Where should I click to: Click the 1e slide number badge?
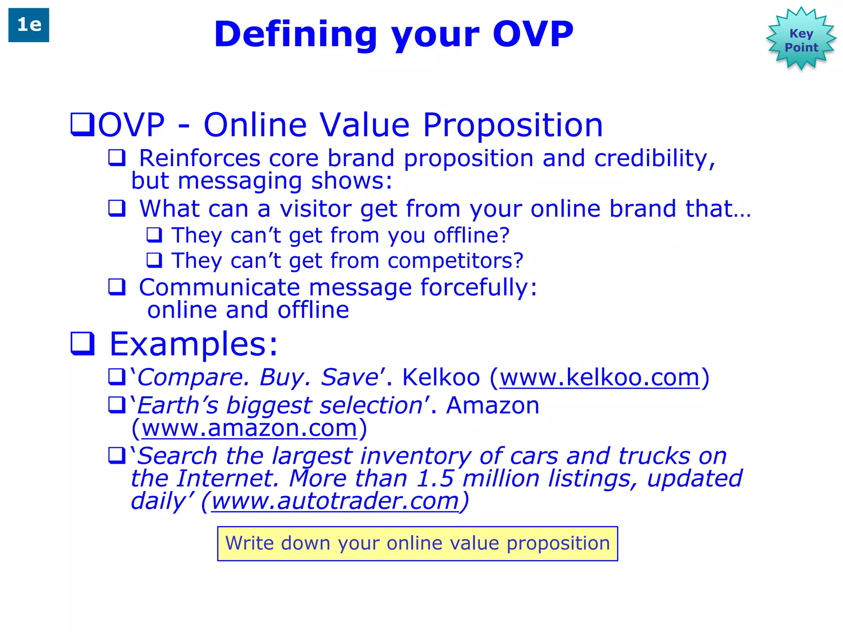[x=29, y=25]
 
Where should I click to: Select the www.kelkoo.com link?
[x=599, y=377]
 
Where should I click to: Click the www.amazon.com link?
[x=249, y=428]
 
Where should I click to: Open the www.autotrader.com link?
[x=335, y=502]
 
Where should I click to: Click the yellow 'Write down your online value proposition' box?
[x=417, y=544]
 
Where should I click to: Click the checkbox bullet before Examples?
[x=83, y=344]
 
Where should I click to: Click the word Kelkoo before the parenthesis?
[x=441, y=377]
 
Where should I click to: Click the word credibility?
[x=654, y=158]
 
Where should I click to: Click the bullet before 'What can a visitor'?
[x=117, y=208]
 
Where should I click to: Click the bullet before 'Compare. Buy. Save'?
[x=117, y=376]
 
